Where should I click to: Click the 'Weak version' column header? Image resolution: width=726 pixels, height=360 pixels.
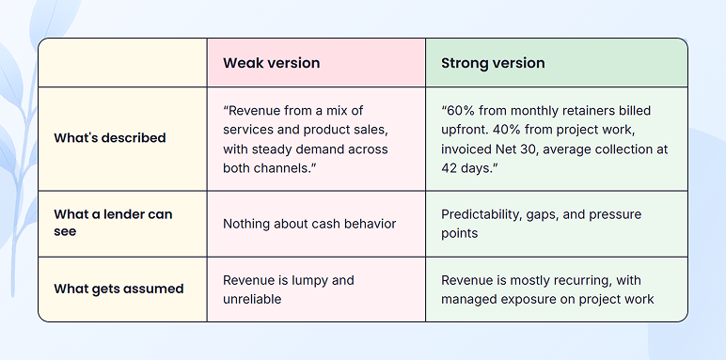[271, 63]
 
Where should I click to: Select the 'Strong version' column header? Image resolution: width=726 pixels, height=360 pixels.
[493, 63]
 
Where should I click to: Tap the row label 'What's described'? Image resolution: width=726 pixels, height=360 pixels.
[110, 138]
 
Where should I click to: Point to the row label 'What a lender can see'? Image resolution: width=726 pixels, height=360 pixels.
[113, 223]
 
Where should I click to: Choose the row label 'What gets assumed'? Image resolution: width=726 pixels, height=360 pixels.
[118, 289]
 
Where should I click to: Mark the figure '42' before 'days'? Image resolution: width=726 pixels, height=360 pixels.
[450, 167]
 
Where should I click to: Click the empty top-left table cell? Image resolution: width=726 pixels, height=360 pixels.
[122, 63]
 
